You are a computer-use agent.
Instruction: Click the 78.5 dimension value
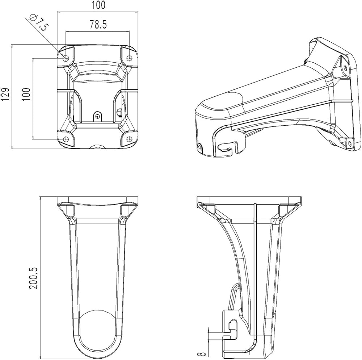(98, 24)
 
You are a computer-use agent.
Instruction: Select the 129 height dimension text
(5, 94)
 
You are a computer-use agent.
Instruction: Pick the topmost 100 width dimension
(98, 5)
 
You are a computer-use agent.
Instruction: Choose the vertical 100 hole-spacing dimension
(26, 94)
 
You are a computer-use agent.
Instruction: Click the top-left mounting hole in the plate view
(66, 58)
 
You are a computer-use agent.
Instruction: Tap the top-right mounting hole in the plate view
(129, 58)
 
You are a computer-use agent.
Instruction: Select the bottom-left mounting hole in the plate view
(66, 139)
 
